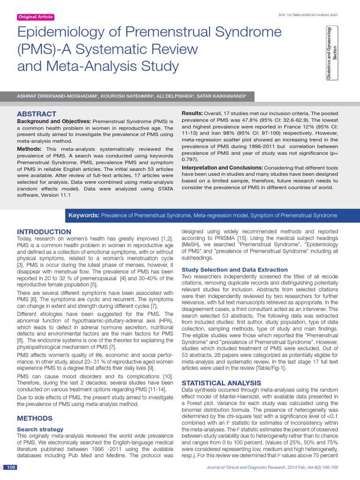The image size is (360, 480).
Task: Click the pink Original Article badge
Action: (x=36, y=17)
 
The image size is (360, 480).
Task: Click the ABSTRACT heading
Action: (x=37, y=114)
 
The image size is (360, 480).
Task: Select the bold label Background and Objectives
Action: (x=54, y=121)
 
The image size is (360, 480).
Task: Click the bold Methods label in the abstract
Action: (x=29, y=149)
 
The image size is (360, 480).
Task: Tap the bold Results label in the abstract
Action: (x=192, y=113)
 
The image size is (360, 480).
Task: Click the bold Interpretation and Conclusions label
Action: (x=222, y=167)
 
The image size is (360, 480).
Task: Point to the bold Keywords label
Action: (x=84, y=215)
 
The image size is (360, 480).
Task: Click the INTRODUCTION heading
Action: (x=44, y=232)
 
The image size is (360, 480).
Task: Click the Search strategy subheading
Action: (x=40, y=429)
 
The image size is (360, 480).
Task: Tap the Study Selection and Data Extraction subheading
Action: (x=234, y=270)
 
